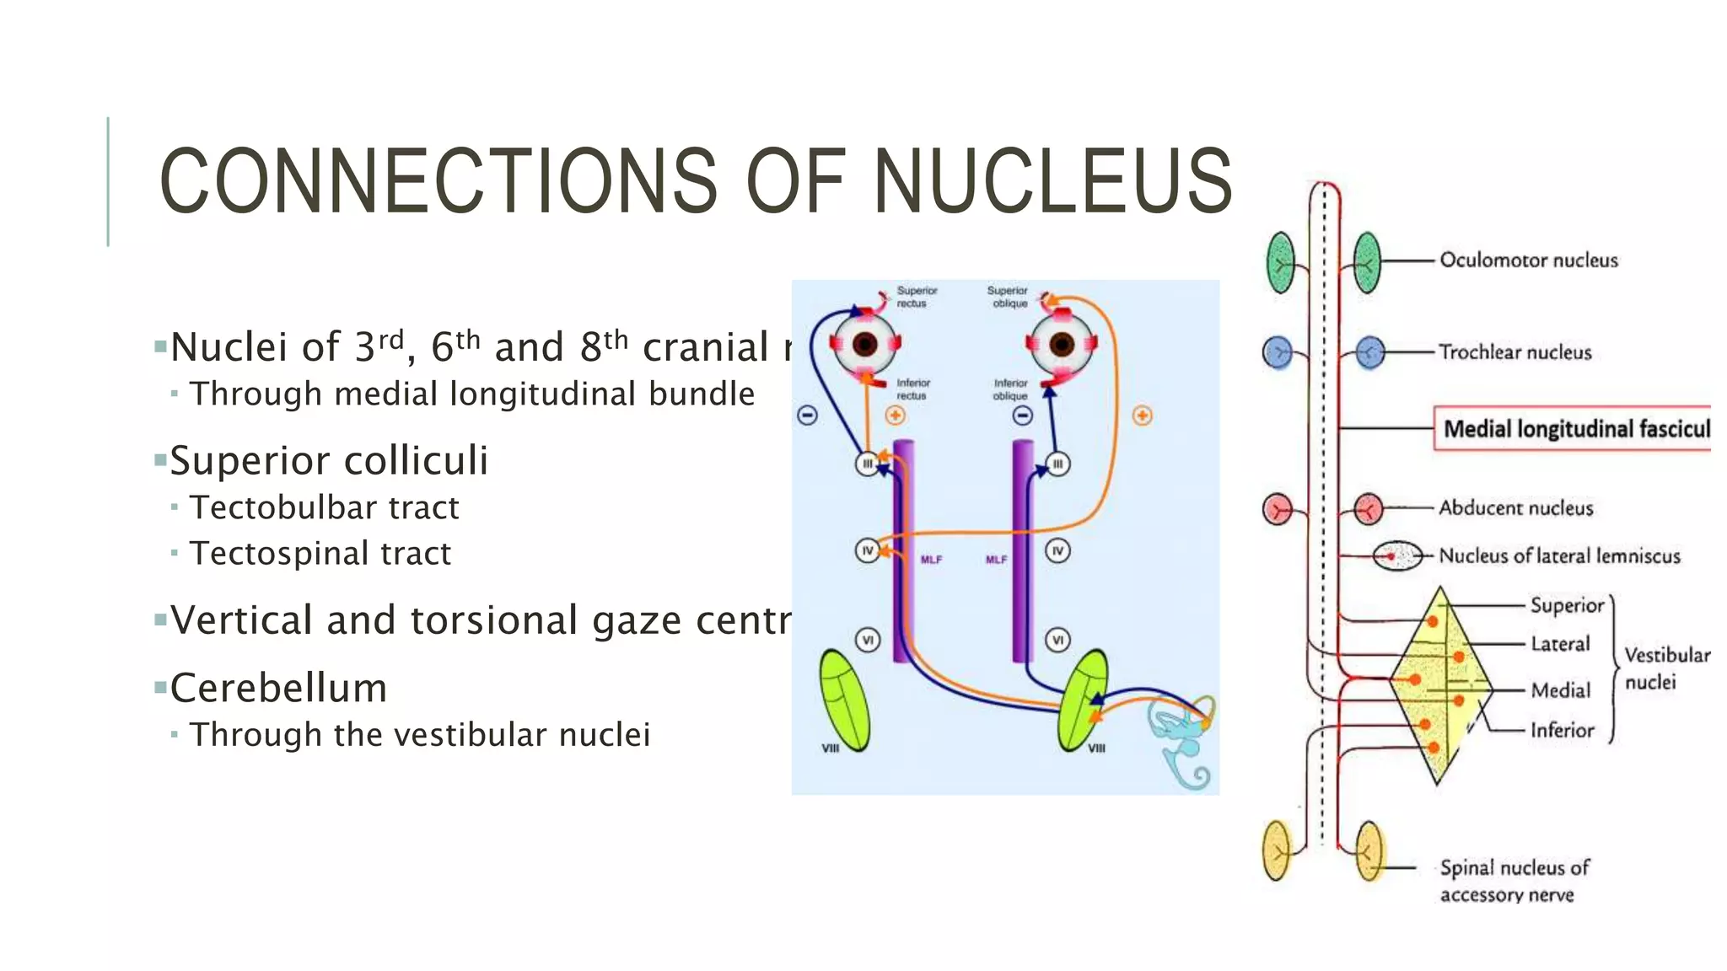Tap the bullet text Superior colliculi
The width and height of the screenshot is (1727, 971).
click(329, 461)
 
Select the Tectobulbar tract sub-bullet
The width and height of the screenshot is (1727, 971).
click(324, 507)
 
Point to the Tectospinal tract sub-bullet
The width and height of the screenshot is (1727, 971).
click(320, 554)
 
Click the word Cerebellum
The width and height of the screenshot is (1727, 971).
click(278, 689)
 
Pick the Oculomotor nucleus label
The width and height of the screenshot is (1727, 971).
click(1528, 260)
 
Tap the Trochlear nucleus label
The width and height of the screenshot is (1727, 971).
click(1514, 352)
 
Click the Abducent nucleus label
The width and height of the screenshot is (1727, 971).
click(1515, 508)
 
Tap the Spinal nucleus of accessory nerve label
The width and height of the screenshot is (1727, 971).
click(1513, 881)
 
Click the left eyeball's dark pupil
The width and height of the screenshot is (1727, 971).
click(865, 344)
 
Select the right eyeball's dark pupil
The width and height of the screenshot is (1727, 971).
click(1062, 344)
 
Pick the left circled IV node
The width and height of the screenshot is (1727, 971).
click(867, 551)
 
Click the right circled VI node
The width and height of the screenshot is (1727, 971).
click(1057, 641)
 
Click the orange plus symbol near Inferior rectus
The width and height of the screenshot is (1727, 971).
click(895, 416)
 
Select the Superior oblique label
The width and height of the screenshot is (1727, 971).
click(1009, 297)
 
